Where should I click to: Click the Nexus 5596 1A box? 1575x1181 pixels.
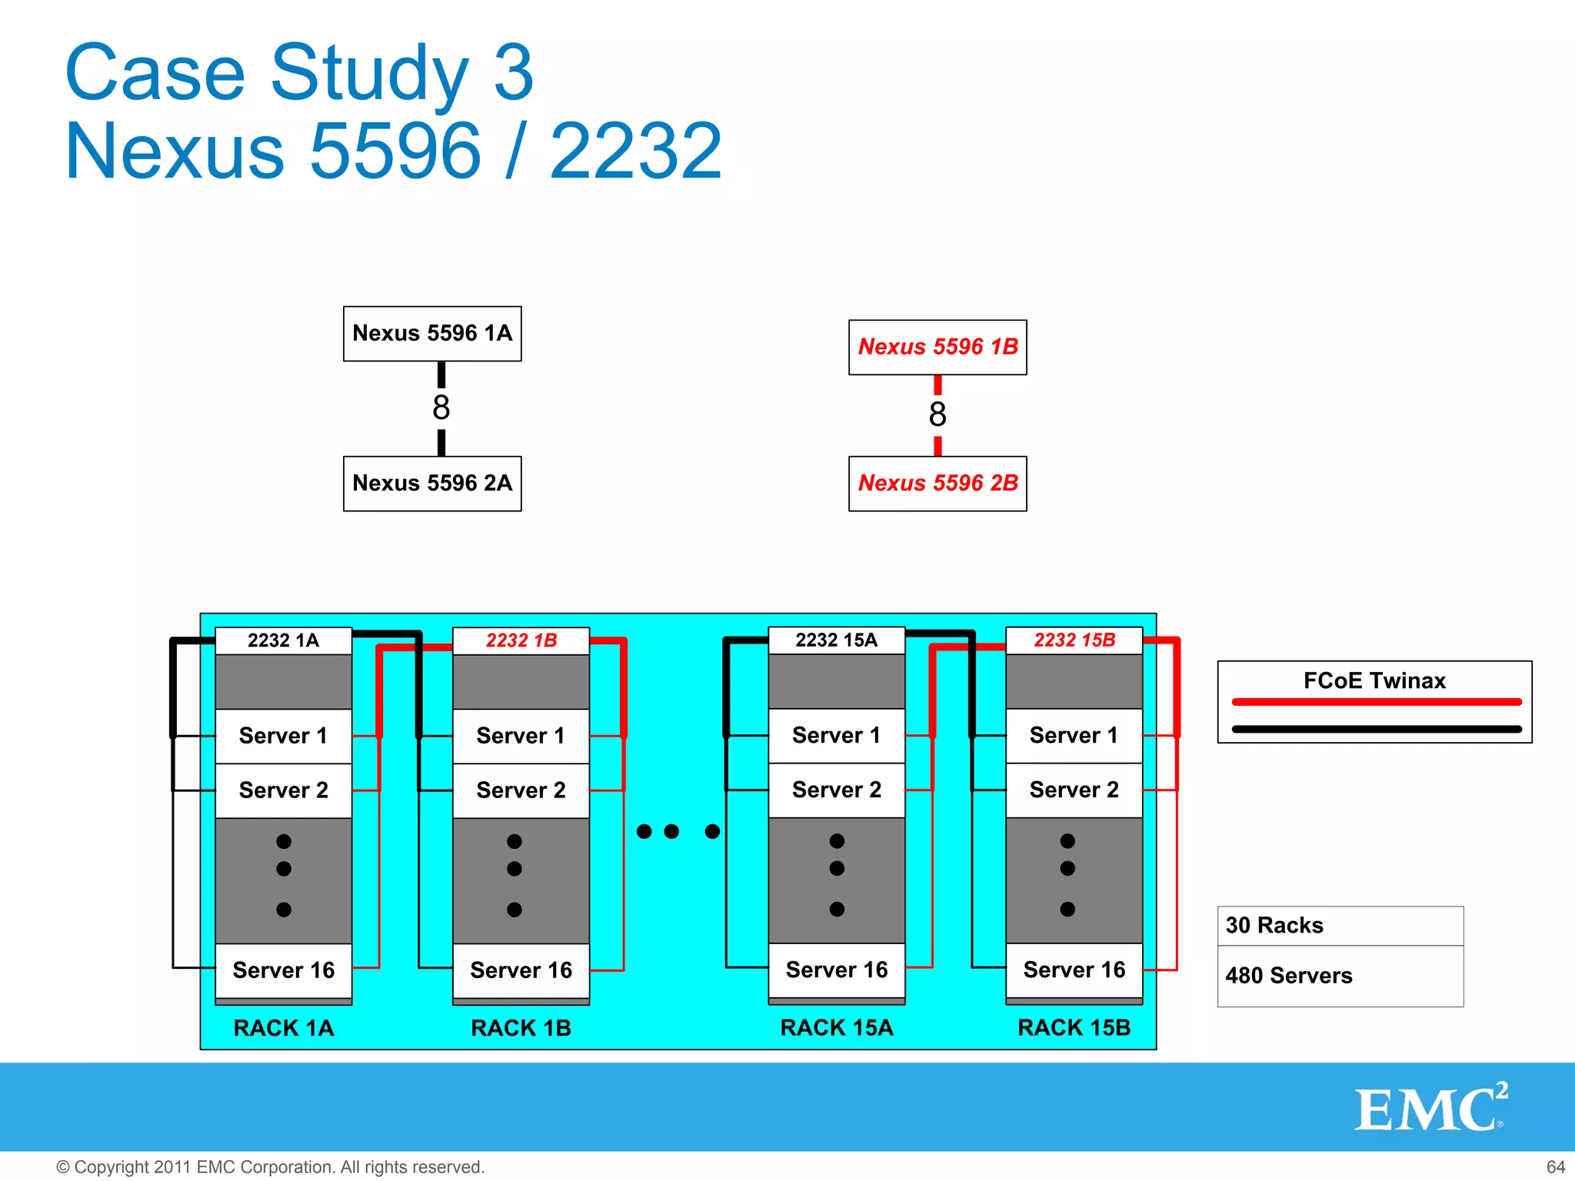(x=432, y=334)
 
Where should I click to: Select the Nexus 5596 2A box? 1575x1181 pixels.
(x=432, y=484)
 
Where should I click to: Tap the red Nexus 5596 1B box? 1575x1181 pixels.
(x=937, y=348)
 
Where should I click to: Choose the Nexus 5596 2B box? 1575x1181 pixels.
(x=937, y=484)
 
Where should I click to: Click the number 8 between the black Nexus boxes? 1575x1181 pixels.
(x=441, y=408)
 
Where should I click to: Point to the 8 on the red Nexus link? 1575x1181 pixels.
(x=937, y=414)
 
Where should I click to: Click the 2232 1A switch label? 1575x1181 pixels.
(x=283, y=640)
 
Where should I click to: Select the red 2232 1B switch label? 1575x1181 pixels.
(x=521, y=640)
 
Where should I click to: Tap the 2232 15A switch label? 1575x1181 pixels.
(x=836, y=640)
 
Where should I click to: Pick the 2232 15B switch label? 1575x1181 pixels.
(x=1074, y=640)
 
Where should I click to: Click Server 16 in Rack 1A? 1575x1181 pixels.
(x=283, y=970)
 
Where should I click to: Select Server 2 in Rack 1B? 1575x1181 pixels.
(x=521, y=790)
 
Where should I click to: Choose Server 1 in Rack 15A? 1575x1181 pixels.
(x=836, y=736)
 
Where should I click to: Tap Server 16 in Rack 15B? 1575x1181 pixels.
(x=1074, y=970)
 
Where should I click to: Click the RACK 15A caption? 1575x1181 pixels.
(x=836, y=1028)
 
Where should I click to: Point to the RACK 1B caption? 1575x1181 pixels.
(x=521, y=1028)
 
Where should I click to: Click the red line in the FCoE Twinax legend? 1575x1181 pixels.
(x=1376, y=702)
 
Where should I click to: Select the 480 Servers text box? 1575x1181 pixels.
(x=1340, y=976)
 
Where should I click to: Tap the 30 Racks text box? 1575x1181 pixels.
(x=1340, y=926)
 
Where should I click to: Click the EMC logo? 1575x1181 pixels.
(x=1430, y=1109)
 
